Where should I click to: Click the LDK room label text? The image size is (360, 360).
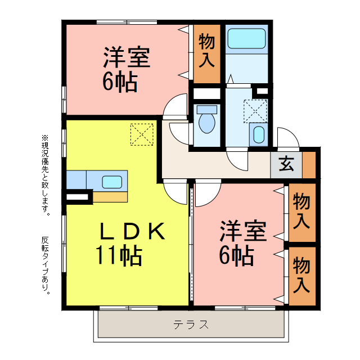point(133,231)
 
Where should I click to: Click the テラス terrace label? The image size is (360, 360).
point(191,325)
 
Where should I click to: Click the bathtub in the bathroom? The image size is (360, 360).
point(246,39)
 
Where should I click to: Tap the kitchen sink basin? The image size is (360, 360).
point(111,182)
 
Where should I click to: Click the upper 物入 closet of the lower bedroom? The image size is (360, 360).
point(302,210)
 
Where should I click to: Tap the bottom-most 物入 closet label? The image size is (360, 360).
point(302,274)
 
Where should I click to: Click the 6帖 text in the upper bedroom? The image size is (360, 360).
point(120,83)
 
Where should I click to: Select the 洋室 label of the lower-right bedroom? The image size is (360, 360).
point(242,231)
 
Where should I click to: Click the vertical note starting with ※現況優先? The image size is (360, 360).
point(45,175)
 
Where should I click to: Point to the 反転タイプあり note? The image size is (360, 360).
point(45,264)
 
